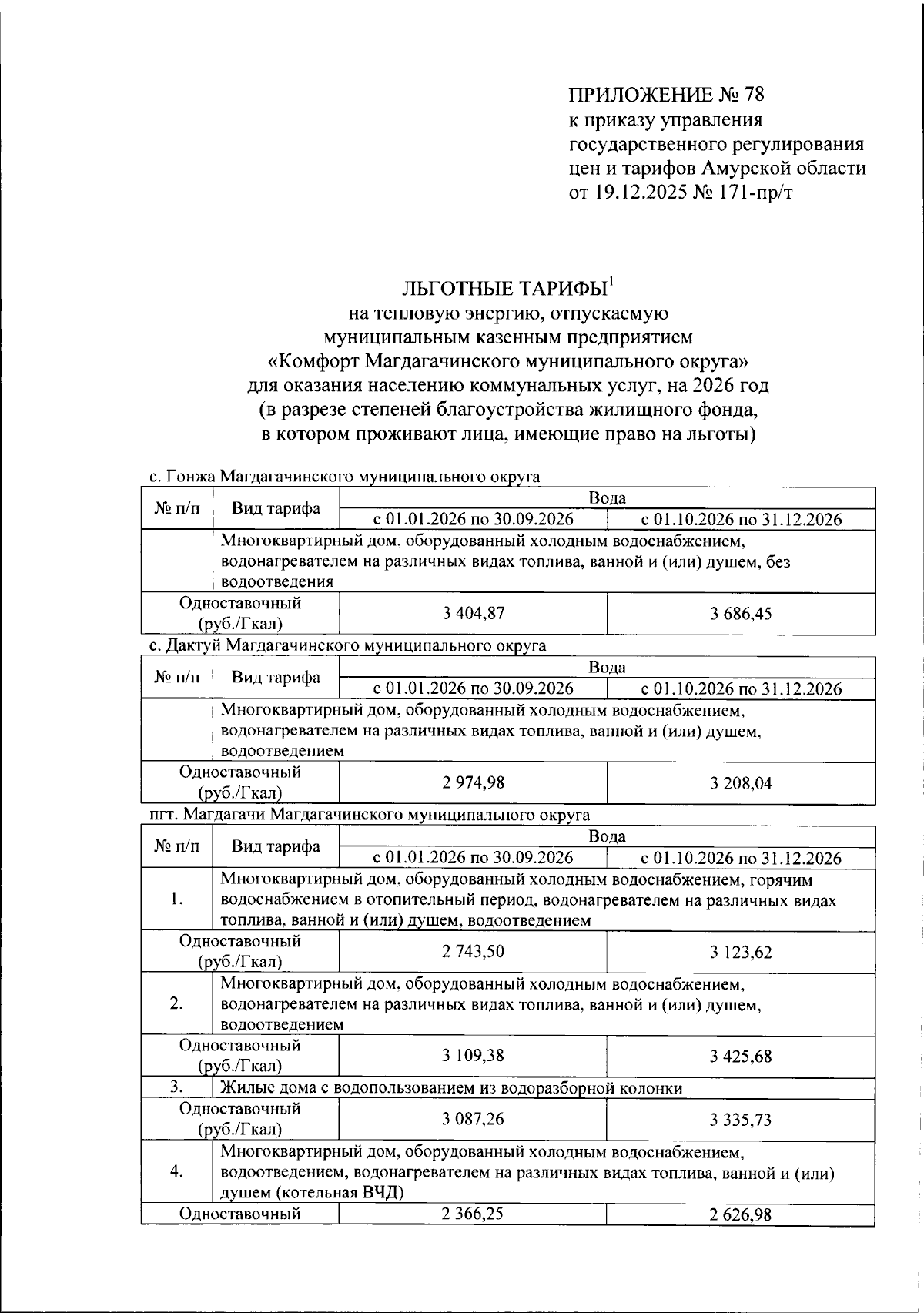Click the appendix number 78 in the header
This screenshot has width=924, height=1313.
pyautogui.click(x=753, y=95)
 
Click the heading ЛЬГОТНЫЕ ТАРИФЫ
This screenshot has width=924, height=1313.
pyautogui.click(x=504, y=289)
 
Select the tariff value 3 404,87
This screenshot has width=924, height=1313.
pyautogui.click(x=473, y=614)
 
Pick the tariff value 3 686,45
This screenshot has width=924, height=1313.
pyautogui.click(x=741, y=614)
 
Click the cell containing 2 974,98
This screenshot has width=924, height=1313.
pyautogui.click(x=473, y=782)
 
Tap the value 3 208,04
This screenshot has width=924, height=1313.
pyautogui.click(x=741, y=783)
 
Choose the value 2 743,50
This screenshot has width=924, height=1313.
pyautogui.click(x=473, y=952)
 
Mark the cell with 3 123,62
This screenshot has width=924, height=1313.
pyautogui.click(x=741, y=953)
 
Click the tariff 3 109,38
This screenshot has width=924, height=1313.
pyautogui.click(x=473, y=1056)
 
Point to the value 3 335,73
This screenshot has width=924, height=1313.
pyautogui.click(x=741, y=1120)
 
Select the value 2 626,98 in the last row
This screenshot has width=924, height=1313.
pyautogui.click(x=741, y=1215)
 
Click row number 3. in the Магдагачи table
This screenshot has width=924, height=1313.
pyautogui.click(x=176, y=1087)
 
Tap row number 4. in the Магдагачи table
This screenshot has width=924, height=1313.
pyautogui.click(x=176, y=1171)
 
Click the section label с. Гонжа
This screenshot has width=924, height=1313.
pyautogui.click(x=183, y=477)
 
